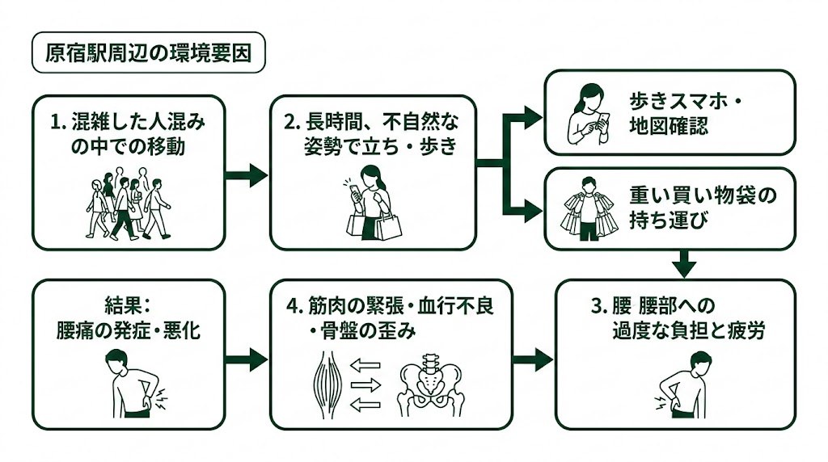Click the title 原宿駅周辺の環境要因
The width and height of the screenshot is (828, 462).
147,53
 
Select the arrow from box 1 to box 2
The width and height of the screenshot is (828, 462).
247,174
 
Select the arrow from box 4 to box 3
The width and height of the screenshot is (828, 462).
533,359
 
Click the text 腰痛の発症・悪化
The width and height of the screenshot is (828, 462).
128,330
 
